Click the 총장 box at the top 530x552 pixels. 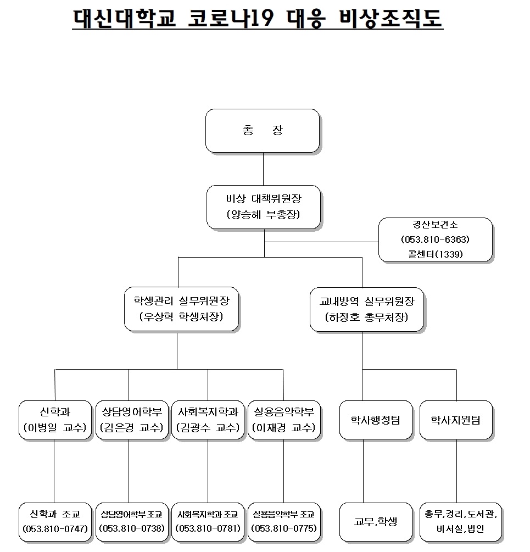(x=263, y=131)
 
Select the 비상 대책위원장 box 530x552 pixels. (x=264, y=207)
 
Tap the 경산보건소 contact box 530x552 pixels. (x=435, y=239)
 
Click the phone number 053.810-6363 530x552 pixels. (x=435, y=239)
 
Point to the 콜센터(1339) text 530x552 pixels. (x=435, y=254)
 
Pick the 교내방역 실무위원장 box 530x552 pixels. (x=366, y=309)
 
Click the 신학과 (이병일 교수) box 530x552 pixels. (x=55, y=420)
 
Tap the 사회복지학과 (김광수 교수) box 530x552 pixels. (x=208, y=420)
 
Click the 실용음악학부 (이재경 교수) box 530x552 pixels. (x=283, y=420)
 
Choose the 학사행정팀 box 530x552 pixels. (x=376, y=420)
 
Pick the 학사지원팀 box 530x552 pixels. (x=456, y=420)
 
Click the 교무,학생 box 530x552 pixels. (x=376, y=521)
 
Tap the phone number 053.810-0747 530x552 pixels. (x=55, y=529)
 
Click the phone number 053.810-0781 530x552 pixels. (x=208, y=529)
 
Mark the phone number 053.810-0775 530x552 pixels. (x=283, y=529)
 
